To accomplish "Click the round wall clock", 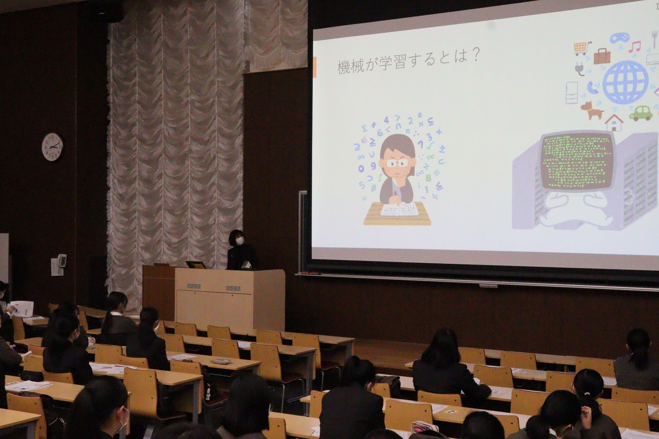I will [52, 146].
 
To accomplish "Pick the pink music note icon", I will [635, 47].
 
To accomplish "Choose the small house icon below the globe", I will [614, 123].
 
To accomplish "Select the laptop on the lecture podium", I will [196, 264].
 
